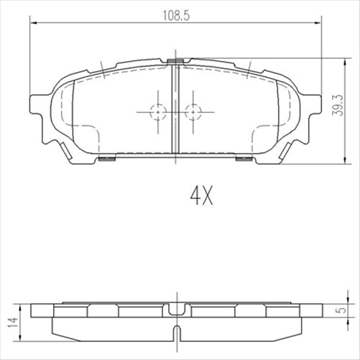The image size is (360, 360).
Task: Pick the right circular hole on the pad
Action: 191,111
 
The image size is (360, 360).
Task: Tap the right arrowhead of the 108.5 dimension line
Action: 316,23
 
